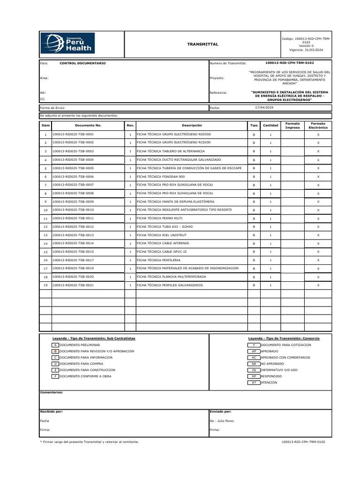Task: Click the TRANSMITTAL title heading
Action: pyautogui.click(x=202, y=44)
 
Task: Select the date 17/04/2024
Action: pyautogui.click(x=265, y=107)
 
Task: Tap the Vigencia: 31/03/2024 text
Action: pyautogui.click(x=306, y=50)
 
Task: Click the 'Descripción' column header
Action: pyautogui.click(x=192, y=126)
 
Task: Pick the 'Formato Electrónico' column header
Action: pyautogui.click(x=318, y=126)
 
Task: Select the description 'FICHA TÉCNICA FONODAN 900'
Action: pyautogui.click(x=161, y=176)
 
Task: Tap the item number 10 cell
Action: pyautogui.click(x=45, y=210)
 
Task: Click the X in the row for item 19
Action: pyautogui.click(x=318, y=285)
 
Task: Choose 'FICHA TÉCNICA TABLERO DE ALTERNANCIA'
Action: pyautogui.click(x=171, y=151)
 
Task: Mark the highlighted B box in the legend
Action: pyautogui.click(x=55, y=351)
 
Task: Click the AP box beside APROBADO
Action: pyautogui.click(x=254, y=351)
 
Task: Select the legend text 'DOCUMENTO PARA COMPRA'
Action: pyautogui.click(x=81, y=363)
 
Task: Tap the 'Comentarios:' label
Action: pyautogui.click(x=52, y=392)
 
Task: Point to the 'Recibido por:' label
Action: pyautogui.click(x=52, y=411)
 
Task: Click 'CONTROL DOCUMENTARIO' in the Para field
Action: pyautogui.click(x=82, y=63)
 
